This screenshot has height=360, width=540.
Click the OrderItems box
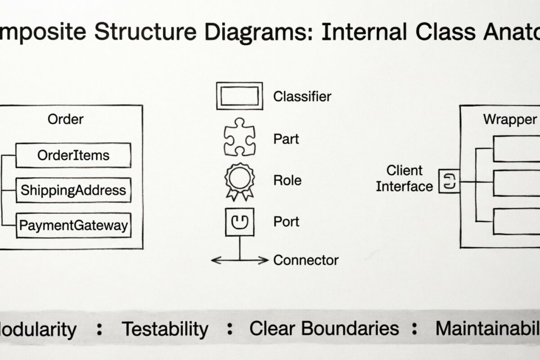click(73, 155)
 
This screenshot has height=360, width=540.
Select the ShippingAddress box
click(73, 190)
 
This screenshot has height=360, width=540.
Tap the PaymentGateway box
click(73, 225)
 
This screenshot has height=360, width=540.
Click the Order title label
click(66, 119)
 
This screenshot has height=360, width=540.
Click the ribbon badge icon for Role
click(239, 180)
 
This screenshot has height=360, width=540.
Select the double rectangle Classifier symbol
click(239, 96)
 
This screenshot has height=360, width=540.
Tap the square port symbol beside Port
click(239, 222)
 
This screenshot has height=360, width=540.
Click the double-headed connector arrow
click(239, 260)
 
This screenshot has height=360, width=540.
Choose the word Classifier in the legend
click(302, 96)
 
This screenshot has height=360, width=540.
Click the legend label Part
click(286, 139)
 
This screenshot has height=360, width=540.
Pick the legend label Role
click(288, 180)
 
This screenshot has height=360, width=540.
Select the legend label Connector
click(306, 260)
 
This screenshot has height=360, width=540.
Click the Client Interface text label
click(404, 178)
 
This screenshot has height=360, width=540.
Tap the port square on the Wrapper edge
click(450, 181)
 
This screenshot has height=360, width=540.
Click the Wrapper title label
click(510, 120)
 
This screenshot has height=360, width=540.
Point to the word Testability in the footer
click(165, 329)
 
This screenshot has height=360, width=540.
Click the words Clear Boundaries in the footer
click(324, 328)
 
